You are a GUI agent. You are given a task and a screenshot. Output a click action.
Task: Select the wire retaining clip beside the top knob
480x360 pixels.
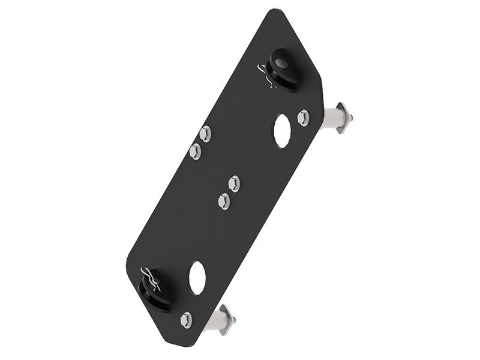(266, 74)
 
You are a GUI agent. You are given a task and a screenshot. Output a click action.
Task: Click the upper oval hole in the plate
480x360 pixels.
(282, 131)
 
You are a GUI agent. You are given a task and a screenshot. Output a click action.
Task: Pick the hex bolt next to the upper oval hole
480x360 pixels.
(304, 117)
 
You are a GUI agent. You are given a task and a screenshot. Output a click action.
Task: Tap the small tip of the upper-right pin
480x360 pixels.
(351, 118)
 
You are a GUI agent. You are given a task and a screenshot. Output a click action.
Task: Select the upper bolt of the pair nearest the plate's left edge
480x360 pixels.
(205, 133)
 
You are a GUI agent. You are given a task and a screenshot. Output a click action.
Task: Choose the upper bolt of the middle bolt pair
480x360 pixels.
(234, 184)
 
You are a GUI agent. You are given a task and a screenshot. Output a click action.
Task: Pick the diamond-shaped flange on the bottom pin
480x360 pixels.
(226, 319)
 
